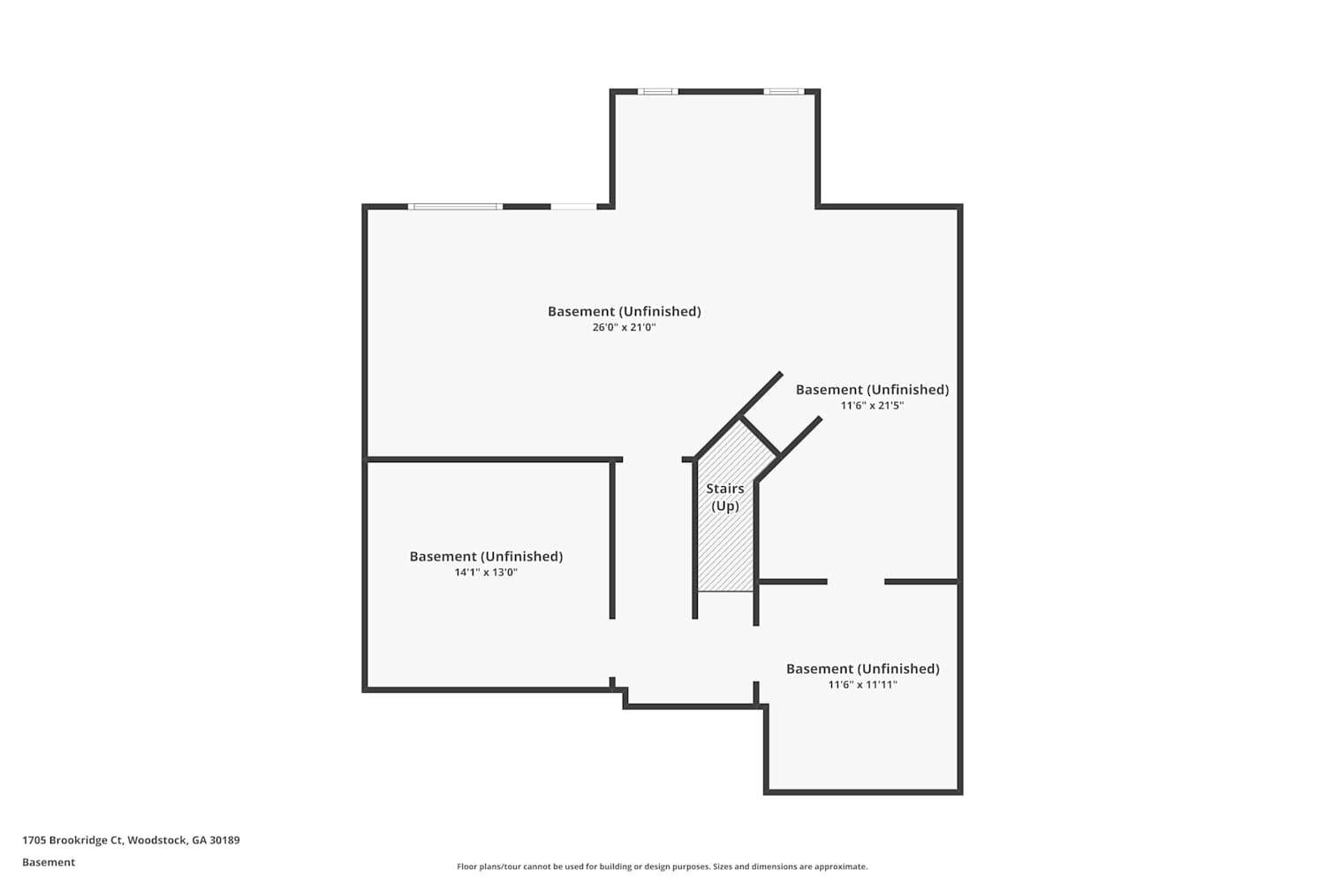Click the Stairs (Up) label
pos(724,498)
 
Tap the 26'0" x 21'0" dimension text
pos(624,327)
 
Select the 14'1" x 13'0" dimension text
pos(486,573)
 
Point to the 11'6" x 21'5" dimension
pos(872,406)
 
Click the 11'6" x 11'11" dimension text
pos(862,685)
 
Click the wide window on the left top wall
pos(455,207)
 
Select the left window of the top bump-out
pos(658,92)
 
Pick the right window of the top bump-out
pos(784,92)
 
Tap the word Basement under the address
pos(49,862)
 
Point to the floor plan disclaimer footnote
pos(662,866)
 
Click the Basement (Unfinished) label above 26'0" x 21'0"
pos(624,311)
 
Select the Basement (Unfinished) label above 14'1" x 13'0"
pos(486,557)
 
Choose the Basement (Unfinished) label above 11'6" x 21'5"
pos(872,390)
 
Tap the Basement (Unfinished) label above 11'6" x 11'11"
pos(862,669)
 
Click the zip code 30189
pos(224,840)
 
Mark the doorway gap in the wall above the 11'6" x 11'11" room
pos(856,582)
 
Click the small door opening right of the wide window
pos(574,207)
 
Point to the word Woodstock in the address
pos(157,840)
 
